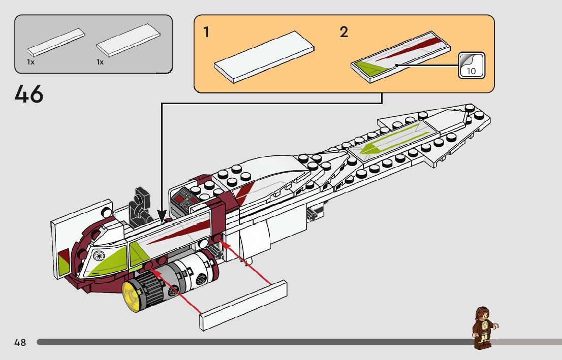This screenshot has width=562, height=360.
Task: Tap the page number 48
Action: pos(20,342)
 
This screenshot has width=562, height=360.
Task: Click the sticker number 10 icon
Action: pos(472,65)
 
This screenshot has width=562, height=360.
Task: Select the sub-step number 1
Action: pos(206,32)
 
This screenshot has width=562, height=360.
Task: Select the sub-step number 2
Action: pos(344,32)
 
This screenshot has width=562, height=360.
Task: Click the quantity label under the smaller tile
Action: pos(30,62)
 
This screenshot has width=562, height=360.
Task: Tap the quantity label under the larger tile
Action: pos(100,62)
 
